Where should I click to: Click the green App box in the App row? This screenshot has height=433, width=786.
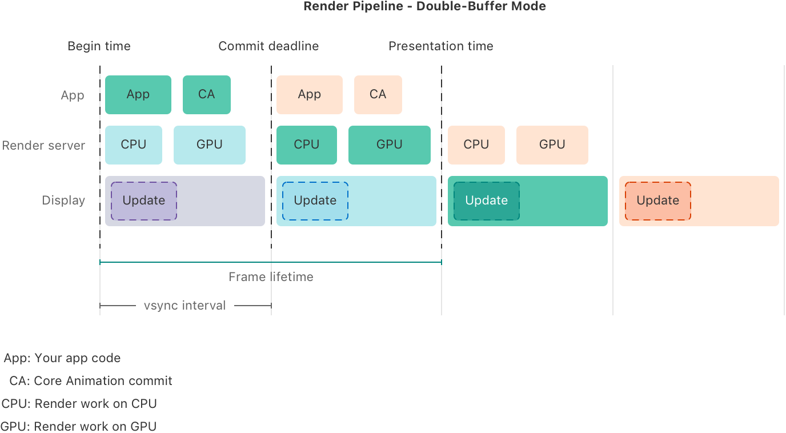[x=138, y=95]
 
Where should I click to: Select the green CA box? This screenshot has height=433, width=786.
[x=206, y=95]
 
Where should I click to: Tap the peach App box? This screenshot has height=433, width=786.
[x=309, y=95]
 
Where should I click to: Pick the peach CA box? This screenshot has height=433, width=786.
[x=378, y=95]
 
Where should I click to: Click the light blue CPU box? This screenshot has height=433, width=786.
[x=133, y=145]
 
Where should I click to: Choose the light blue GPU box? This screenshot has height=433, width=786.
[x=209, y=145]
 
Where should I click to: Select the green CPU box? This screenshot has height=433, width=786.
[x=306, y=145]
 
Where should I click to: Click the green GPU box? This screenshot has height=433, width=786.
[x=389, y=145]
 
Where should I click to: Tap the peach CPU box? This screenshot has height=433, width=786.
[x=476, y=145]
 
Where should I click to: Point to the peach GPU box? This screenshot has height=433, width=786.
[x=552, y=145]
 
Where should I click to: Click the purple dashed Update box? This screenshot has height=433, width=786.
[x=143, y=201]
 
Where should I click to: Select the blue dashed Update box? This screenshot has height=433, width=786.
[x=315, y=201]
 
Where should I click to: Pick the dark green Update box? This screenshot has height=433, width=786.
[x=486, y=201]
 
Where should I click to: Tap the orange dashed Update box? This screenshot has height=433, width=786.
[x=657, y=201]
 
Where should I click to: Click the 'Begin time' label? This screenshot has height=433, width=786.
[x=99, y=46]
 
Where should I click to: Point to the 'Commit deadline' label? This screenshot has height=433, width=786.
[x=268, y=46]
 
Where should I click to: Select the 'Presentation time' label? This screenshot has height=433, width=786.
[x=440, y=46]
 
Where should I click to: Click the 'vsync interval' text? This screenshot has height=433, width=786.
[x=185, y=306]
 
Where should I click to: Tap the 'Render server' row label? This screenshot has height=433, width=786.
[x=43, y=146]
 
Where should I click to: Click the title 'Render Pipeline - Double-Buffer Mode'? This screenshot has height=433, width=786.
[x=424, y=6]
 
